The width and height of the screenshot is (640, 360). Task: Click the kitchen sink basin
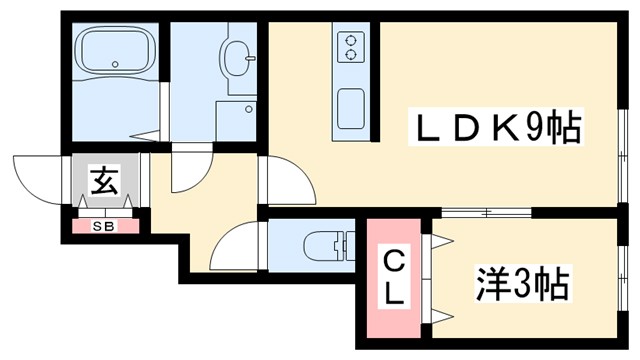pos(351,107)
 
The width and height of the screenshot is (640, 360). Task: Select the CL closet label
pos(396,277)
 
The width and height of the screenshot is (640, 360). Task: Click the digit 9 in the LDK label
pos(540,128)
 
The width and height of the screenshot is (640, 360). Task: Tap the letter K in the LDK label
pos(505,128)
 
